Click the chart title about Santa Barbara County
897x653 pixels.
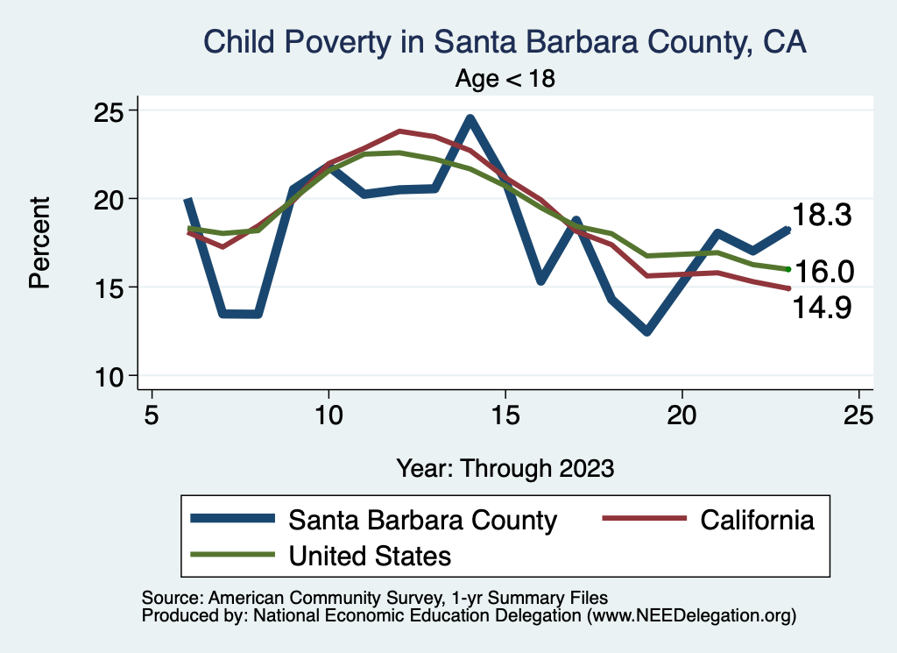[x=505, y=41]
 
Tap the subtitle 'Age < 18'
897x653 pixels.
[x=505, y=78]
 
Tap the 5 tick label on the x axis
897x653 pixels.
[x=152, y=415]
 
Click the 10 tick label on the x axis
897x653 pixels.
[x=328, y=415]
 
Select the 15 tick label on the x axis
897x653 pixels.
[x=505, y=415]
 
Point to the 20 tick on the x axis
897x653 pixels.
[x=682, y=415]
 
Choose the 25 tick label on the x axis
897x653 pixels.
[x=858, y=415]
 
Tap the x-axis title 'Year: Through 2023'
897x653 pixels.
[x=505, y=467]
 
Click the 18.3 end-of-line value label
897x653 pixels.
[x=822, y=216]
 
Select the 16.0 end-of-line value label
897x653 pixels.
[x=823, y=272]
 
